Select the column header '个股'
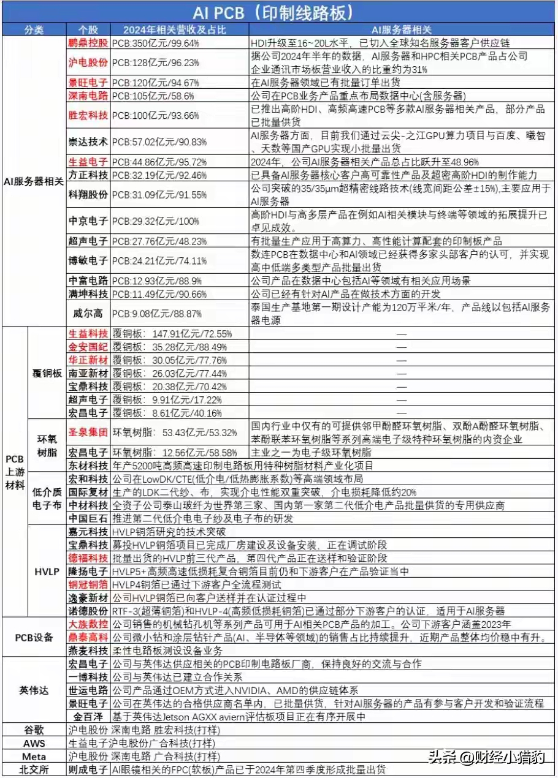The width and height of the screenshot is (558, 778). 88,29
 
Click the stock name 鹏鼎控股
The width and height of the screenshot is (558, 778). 88,43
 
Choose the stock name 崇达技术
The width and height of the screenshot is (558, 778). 88,141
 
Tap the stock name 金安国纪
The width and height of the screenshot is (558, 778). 88,347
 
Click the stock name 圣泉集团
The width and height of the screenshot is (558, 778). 88,432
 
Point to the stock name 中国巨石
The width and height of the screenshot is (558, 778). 88,518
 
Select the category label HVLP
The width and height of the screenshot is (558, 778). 47,571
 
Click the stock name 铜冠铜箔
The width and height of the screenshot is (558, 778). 88,584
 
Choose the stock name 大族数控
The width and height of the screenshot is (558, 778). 88,624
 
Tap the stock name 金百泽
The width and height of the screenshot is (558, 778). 88,717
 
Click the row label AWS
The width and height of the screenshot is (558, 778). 34,743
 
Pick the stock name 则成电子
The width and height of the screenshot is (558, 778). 88,770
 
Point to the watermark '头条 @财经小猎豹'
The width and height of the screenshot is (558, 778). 485,757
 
